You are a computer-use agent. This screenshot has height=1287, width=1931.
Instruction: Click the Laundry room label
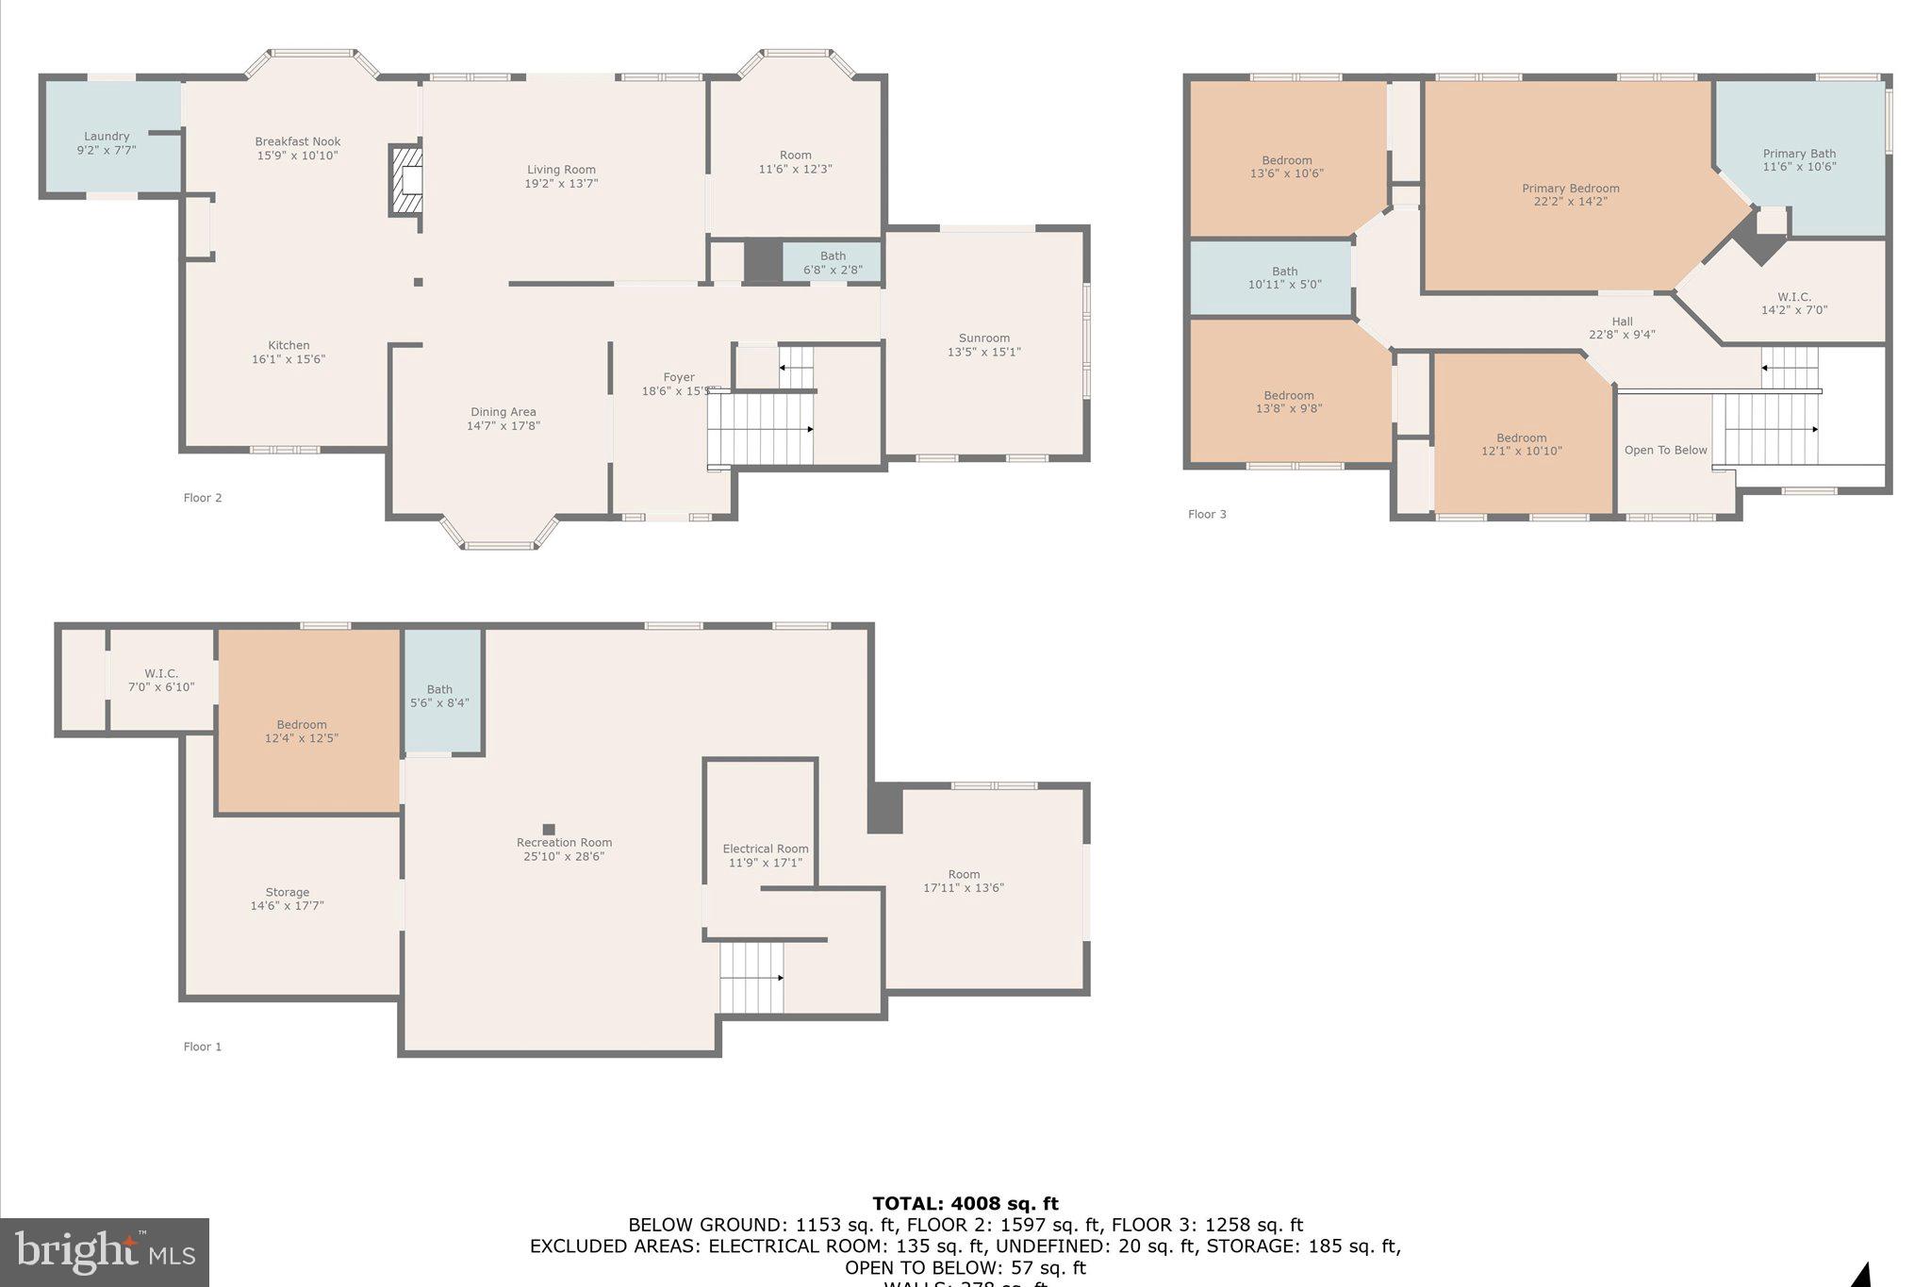point(107,137)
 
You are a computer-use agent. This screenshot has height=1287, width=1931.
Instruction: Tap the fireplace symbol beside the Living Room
point(407,180)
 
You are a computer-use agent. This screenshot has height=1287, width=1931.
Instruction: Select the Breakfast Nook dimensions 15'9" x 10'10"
point(297,156)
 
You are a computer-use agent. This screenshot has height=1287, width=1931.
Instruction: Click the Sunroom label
point(983,338)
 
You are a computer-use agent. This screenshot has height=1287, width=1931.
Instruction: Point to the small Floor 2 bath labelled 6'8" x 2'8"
point(833,262)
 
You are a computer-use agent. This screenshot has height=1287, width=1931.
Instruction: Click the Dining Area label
point(503,412)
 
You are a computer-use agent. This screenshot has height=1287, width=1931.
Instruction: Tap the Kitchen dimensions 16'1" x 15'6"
point(289,359)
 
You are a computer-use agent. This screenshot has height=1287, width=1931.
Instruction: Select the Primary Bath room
point(1799,159)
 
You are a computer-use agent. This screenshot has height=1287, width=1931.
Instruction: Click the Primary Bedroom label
point(1570,189)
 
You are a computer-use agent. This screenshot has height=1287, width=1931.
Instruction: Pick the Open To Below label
point(1665,451)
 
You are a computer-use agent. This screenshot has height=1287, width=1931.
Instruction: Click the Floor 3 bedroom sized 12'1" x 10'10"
point(1521,444)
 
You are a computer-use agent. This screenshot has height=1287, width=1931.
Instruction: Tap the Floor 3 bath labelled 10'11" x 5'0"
point(1284,277)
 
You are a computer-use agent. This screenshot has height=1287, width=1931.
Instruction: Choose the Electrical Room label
point(765,849)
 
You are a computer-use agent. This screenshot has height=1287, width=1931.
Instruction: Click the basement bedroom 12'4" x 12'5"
point(302,731)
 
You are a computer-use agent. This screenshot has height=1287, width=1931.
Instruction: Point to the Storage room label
point(287,892)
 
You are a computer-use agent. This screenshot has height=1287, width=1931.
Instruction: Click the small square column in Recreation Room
point(549,830)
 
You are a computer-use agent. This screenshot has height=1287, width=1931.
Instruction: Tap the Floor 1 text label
point(203,1047)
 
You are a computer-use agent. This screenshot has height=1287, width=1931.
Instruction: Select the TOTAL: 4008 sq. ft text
point(965,1204)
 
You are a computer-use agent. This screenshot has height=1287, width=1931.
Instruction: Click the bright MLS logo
point(105,1252)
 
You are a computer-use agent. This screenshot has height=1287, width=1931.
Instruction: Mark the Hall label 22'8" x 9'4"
point(1622,322)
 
